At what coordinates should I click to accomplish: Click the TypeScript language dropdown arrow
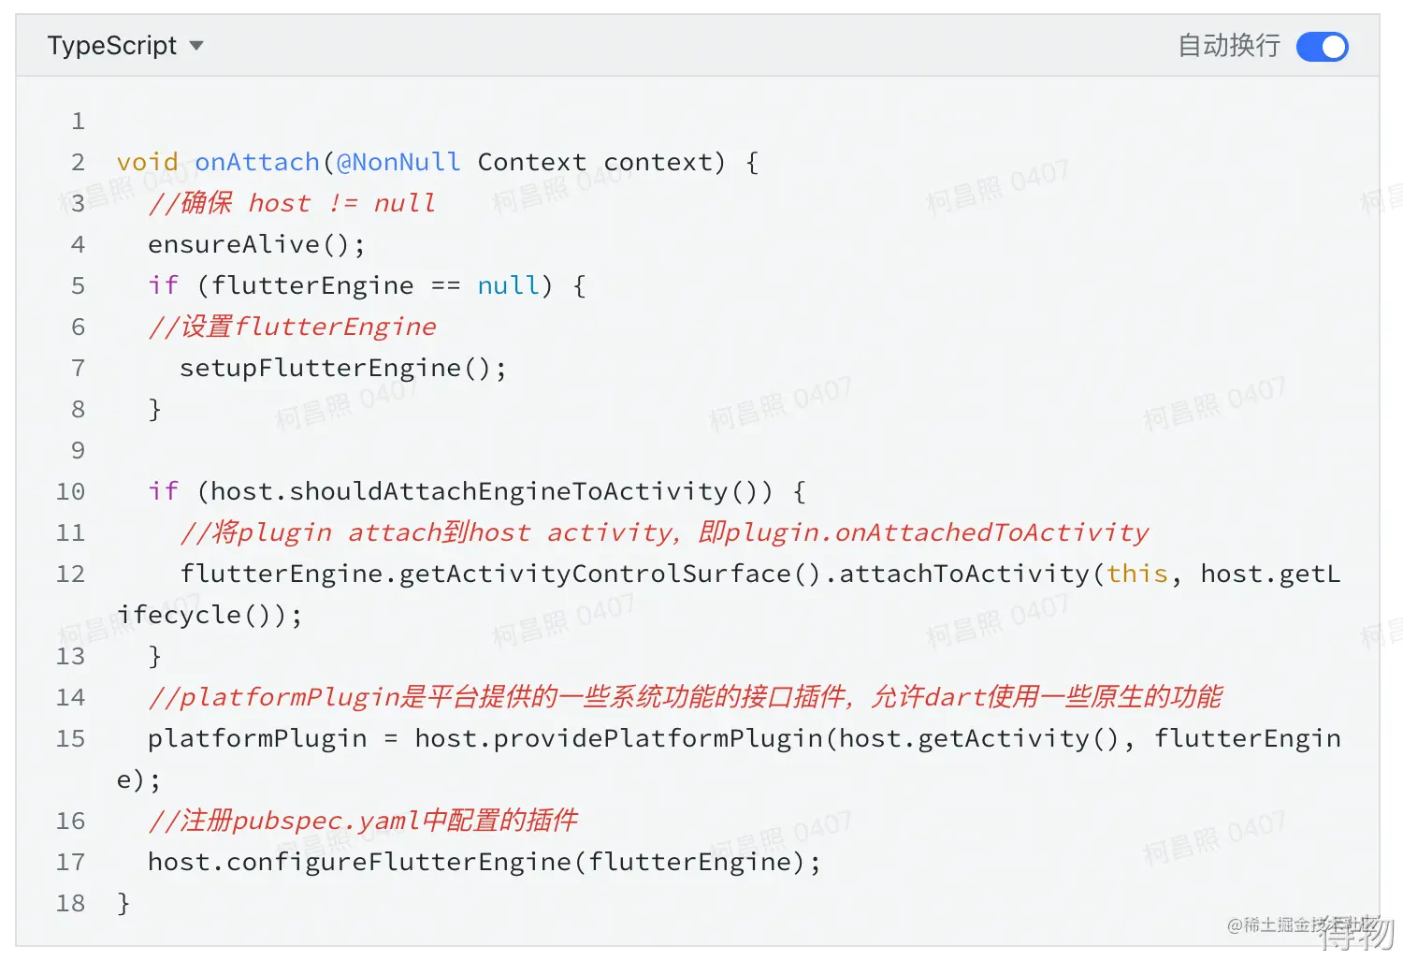[x=196, y=46]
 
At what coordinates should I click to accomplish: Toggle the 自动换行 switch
[x=1322, y=47]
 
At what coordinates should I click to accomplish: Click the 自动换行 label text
[x=1228, y=46]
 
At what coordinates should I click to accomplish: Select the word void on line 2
[x=148, y=162]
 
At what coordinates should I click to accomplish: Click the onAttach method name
[x=257, y=162]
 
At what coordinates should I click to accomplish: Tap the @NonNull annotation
[x=398, y=162]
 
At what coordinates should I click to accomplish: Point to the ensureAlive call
[x=234, y=244]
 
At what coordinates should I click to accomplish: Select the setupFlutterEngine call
[x=320, y=368]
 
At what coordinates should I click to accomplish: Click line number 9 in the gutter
[x=78, y=450]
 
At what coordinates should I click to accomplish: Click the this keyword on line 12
[x=1137, y=574]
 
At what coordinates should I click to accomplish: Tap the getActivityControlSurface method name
[x=595, y=574]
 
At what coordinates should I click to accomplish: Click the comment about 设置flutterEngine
[x=292, y=327]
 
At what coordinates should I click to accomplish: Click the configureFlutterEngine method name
[x=398, y=862]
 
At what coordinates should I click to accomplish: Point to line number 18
[x=70, y=903]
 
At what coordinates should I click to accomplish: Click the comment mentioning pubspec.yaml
[x=363, y=821]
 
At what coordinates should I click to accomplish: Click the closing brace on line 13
[x=155, y=656]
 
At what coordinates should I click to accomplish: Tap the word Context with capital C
[x=531, y=162]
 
